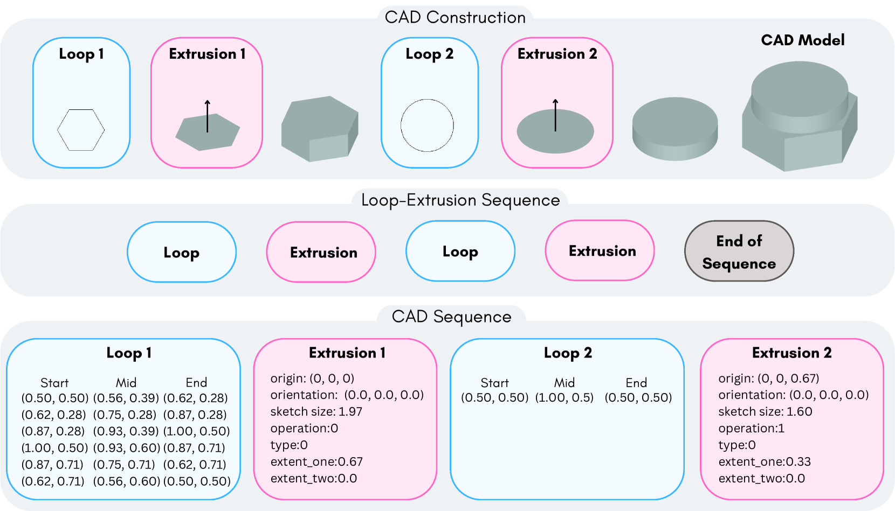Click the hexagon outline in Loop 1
81,130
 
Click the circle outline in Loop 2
427,125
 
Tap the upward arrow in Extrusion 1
208,116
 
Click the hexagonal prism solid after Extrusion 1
320,129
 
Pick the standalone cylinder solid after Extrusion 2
674,129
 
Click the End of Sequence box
739,251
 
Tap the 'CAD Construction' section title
455,18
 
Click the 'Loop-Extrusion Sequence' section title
460,200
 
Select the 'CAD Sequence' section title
451,317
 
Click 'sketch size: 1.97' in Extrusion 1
316,411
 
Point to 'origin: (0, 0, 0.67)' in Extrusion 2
768,378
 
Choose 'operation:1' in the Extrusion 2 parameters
751,428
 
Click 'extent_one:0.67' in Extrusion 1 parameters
316,461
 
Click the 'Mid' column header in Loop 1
126,383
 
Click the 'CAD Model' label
802,40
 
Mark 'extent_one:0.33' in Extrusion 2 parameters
764,461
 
